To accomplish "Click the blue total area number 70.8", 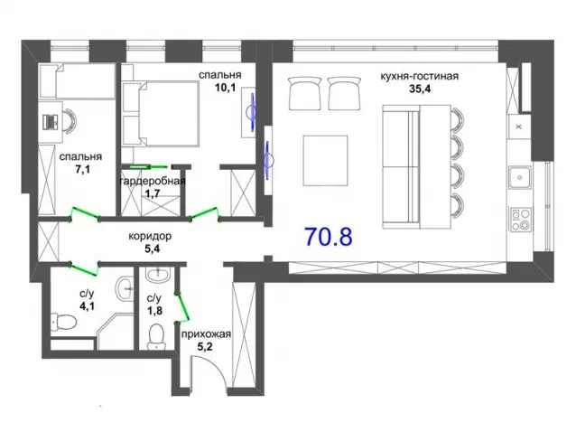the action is click(x=329, y=237).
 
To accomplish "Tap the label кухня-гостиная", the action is click(x=419, y=77).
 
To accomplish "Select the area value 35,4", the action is click(x=420, y=89).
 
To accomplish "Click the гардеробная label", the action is click(x=153, y=181).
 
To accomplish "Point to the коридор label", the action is click(x=150, y=236).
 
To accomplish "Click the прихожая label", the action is click(x=206, y=334).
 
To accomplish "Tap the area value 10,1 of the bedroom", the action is click(x=225, y=88).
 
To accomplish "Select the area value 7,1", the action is click(x=83, y=170).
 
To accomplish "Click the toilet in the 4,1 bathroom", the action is click(x=63, y=320).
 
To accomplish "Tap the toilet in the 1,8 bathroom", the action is click(x=156, y=336).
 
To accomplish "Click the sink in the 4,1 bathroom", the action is click(x=125, y=289).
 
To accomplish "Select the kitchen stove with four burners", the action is click(x=520, y=219).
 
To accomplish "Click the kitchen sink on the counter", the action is click(x=520, y=177).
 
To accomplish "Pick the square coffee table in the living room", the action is click(x=325, y=160).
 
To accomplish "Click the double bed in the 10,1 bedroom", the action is click(x=162, y=114).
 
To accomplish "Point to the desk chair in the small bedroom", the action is click(x=70, y=119).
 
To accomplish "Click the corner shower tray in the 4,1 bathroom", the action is click(x=115, y=331).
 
